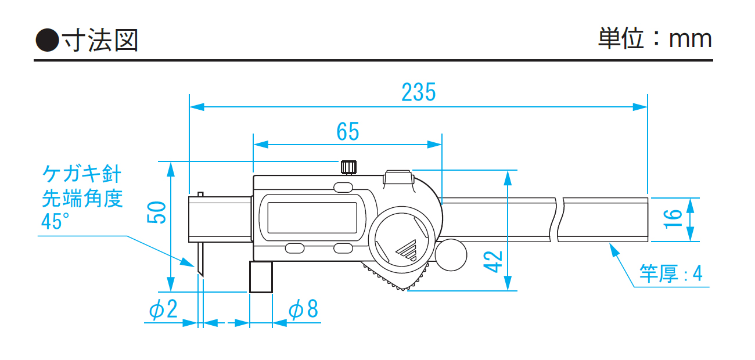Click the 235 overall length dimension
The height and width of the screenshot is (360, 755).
click(x=418, y=92)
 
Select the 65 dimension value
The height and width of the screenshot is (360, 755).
click(x=347, y=132)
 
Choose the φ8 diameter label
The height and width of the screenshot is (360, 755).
click(x=304, y=309)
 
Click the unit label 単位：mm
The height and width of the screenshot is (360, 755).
click(x=655, y=39)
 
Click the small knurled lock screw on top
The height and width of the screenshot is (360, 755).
click(x=348, y=167)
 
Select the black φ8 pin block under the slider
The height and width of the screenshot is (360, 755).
click(x=261, y=278)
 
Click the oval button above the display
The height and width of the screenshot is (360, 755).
click(x=343, y=187)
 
